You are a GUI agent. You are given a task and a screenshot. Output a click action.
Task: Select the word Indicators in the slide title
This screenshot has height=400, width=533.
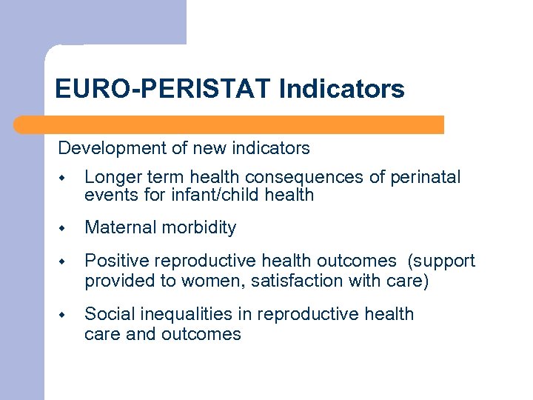342,90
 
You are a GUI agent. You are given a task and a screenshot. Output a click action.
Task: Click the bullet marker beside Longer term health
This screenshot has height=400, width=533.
64,178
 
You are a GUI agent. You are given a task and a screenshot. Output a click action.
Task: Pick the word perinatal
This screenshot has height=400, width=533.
427,177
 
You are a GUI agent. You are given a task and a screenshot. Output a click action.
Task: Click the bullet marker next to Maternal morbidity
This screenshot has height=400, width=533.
64,229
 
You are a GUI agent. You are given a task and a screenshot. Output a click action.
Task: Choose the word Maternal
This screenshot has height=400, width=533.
118,228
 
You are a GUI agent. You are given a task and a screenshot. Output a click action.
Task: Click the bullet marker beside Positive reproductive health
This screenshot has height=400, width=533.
64,262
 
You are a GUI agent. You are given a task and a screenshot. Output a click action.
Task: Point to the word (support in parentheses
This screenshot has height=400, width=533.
443,261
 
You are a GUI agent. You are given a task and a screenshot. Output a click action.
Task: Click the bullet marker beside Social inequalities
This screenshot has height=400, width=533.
64,315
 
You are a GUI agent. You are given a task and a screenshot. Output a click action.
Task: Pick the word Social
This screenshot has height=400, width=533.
106,314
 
